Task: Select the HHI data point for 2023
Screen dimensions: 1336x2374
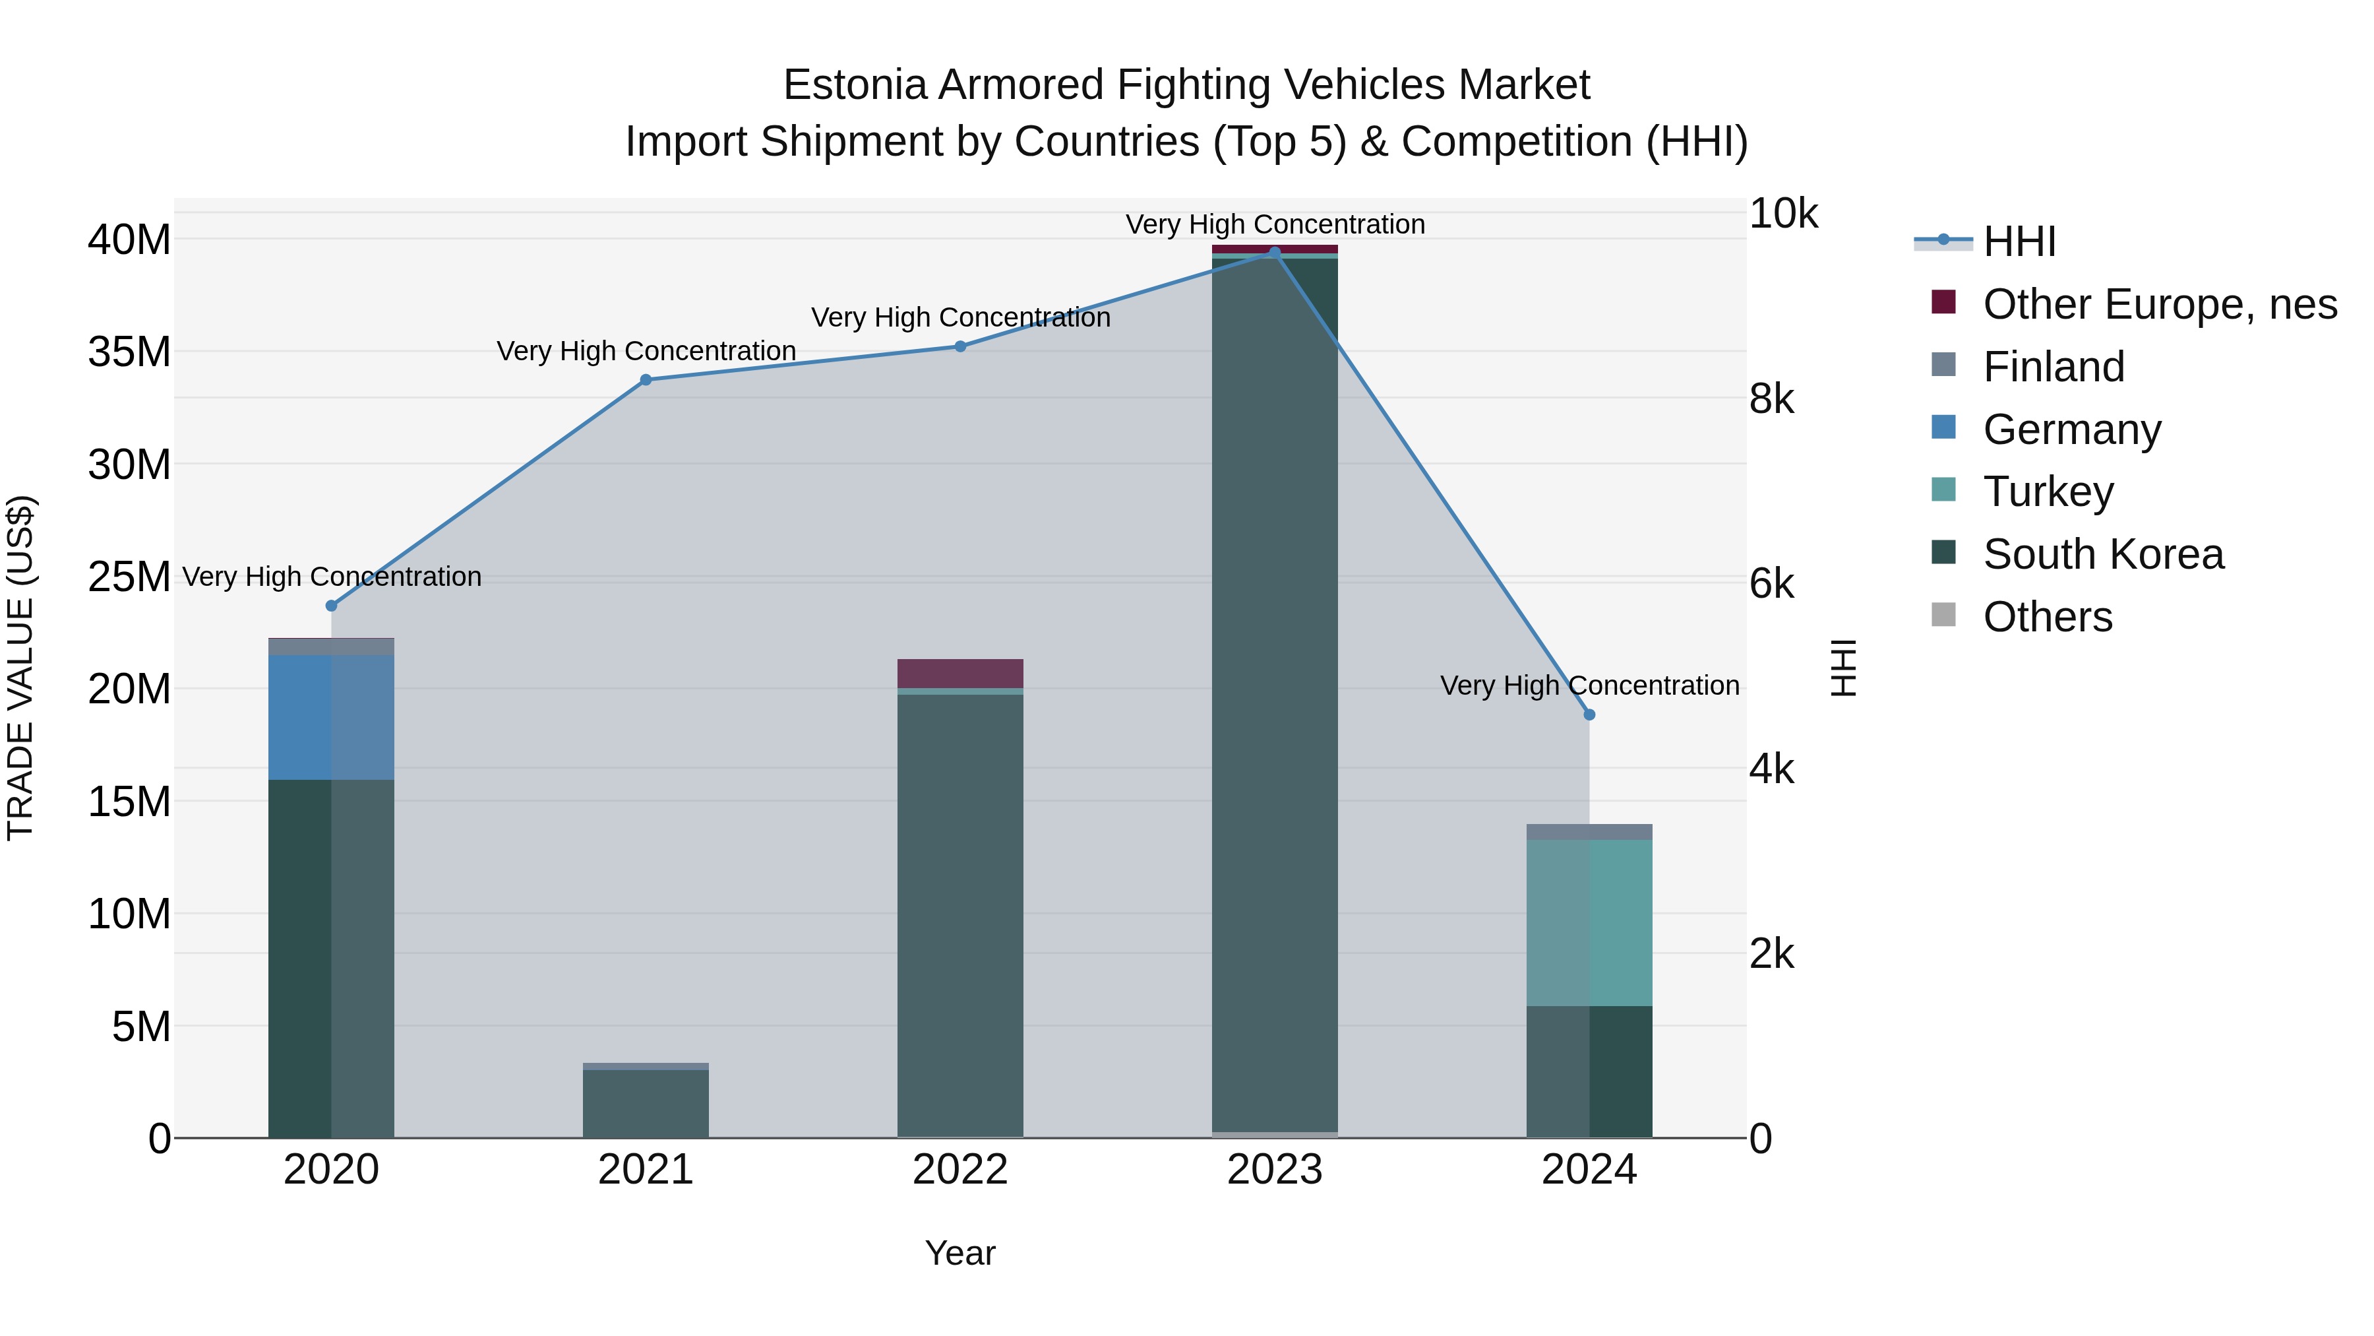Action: click(x=1275, y=252)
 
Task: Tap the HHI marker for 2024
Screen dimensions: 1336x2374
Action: click(x=1589, y=715)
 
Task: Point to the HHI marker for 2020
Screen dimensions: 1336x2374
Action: click(x=332, y=606)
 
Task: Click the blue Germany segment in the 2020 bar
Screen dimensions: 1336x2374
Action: click(x=331, y=717)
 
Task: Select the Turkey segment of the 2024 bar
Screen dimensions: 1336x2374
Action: click(x=1589, y=922)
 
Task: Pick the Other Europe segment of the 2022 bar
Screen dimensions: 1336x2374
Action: click(x=960, y=673)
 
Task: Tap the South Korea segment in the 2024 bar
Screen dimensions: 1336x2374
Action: click(x=1589, y=1071)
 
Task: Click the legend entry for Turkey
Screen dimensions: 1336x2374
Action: click(x=2048, y=492)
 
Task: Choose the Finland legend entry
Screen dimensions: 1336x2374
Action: click(x=2054, y=367)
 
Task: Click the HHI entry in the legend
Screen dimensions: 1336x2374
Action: click(x=2019, y=241)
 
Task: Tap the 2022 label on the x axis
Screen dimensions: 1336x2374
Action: click(x=960, y=1170)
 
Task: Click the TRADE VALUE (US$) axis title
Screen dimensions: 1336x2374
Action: click(x=20, y=668)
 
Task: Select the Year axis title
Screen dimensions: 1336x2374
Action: click(x=960, y=1253)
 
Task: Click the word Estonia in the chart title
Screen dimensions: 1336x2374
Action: click(x=853, y=85)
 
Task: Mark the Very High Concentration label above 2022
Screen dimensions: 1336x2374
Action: click(x=960, y=317)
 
